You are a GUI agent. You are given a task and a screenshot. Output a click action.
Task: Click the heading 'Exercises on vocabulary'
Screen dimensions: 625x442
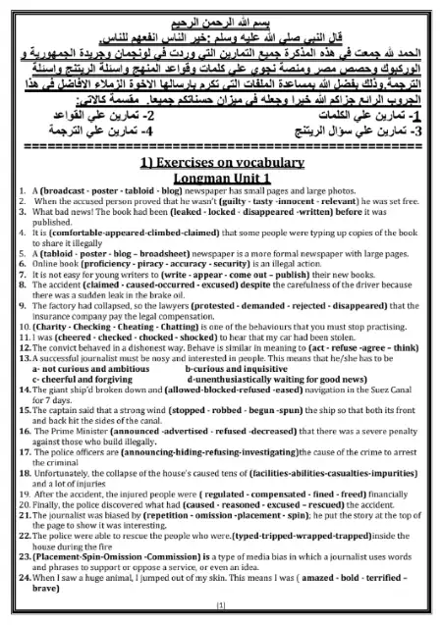[x=220, y=160]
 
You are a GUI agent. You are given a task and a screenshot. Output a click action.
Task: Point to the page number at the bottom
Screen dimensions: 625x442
[x=220, y=618]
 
